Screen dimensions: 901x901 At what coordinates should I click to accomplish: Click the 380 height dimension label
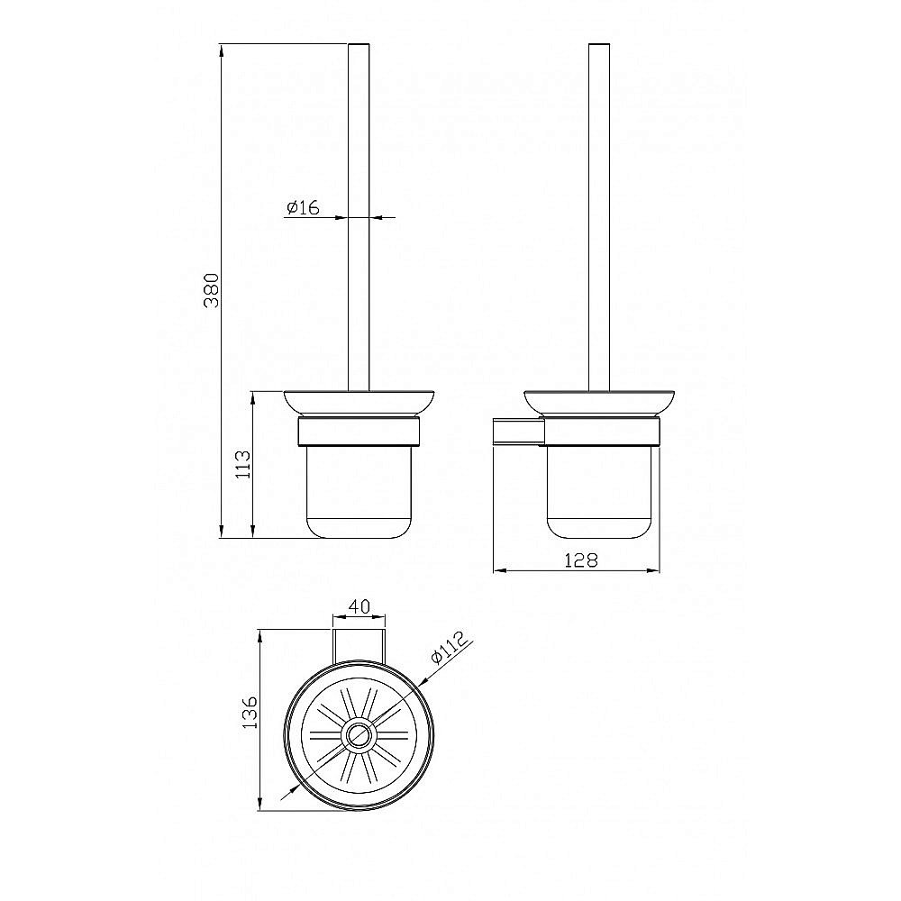pos(212,290)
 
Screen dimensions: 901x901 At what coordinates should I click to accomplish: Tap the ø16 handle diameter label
pos(303,206)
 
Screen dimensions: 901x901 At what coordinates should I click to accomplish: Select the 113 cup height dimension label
pos(243,464)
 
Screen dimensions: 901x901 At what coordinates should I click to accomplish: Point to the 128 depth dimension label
pos(581,560)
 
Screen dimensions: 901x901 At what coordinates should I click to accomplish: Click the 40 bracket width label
pos(359,606)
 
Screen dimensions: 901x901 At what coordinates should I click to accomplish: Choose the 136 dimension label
pos(250,713)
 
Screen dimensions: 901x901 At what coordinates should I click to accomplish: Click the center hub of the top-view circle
pos(359,735)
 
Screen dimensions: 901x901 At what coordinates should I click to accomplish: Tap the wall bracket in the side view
pos(518,432)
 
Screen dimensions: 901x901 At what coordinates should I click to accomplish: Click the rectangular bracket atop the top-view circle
pos(359,644)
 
